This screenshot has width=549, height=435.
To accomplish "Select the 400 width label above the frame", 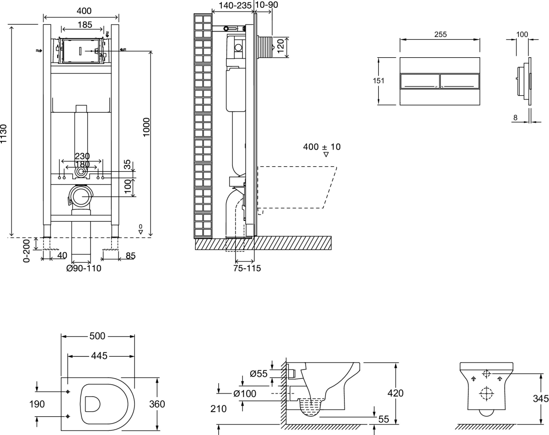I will click(x=84, y=11).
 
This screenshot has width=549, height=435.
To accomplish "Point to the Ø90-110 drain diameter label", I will click(x=84, y=268).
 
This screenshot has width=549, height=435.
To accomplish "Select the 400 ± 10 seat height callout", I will click(x=322, y=147).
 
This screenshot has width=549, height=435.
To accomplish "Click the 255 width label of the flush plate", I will click(x=440, y=34).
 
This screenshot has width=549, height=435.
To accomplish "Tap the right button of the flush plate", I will click(x=459, y=81).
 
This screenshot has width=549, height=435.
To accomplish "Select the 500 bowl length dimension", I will click(x=97, y=336).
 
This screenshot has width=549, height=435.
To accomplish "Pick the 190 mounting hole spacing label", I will click(x=38, y=404).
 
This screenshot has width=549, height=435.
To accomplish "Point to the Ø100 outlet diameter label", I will click(x=244, y=393).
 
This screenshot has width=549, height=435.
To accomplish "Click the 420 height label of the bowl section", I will click(x=395, y=393).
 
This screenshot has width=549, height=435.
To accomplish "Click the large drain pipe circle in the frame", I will click(x=81, y=196).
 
